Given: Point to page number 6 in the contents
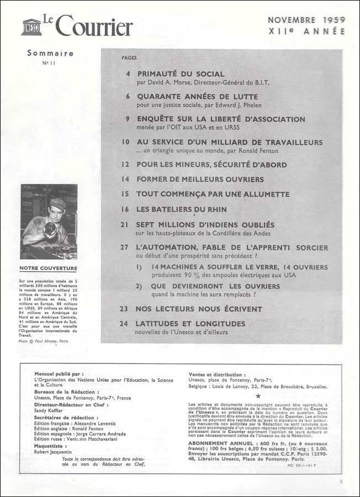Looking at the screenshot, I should click(128, 96).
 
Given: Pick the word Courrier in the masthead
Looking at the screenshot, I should click(102, 27).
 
